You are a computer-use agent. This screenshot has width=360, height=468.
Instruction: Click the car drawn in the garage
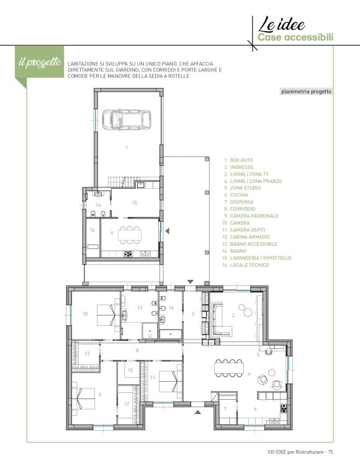(127, 120)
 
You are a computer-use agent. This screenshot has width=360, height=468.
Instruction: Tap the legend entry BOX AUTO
(241, 160)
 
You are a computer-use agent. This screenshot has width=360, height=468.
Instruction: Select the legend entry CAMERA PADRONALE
(254, 216)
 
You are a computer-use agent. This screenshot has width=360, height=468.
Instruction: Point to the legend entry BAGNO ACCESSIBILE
(254, 244)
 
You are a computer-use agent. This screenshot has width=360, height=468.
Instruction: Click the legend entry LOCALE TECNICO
(250, 265)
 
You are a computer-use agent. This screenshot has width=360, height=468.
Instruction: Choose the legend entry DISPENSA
(241, 202)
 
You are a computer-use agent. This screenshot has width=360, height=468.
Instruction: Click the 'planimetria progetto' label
(306, 92)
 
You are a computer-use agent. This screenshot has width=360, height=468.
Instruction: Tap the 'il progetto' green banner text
(40, 62)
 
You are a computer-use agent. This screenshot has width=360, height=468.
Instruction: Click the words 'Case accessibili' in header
(295, 38)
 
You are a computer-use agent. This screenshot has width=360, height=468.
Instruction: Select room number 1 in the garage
(127, 148)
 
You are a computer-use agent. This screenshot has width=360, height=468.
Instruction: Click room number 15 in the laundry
(135, 203)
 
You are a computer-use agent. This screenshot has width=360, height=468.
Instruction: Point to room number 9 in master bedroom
(101, 395)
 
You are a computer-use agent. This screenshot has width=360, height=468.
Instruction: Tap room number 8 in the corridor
(137, 351)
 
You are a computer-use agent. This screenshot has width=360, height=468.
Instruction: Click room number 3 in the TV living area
(233, 315)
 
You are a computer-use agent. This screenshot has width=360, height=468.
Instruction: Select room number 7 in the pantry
(225, 409)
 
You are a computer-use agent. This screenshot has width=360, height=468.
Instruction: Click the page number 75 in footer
(330, 452)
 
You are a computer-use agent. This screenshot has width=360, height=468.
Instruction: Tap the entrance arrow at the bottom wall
(197, 412)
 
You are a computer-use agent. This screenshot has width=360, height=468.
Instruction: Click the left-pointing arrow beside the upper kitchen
(168, 231)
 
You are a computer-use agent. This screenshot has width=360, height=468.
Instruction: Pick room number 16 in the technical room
(92, 230)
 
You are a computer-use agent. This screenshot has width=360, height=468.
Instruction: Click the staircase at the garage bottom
(120, 181)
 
